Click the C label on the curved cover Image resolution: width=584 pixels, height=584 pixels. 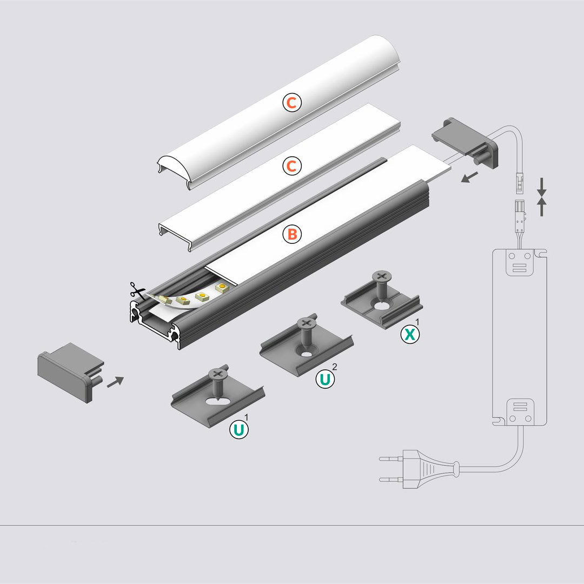tap(291, 103)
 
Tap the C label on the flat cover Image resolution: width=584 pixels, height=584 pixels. tap(291, 166)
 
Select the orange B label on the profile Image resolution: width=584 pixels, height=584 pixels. tap(291, 234)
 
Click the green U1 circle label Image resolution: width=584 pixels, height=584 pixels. tap(238, 430)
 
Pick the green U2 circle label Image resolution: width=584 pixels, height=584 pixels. tap(324, 379)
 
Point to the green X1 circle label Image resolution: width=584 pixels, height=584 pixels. tap(410, 334)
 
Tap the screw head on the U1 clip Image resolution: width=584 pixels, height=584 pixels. tap(218, 374)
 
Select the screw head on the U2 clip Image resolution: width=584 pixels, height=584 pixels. tap(306, 323)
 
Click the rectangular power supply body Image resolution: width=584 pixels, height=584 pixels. tap(520, 335)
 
